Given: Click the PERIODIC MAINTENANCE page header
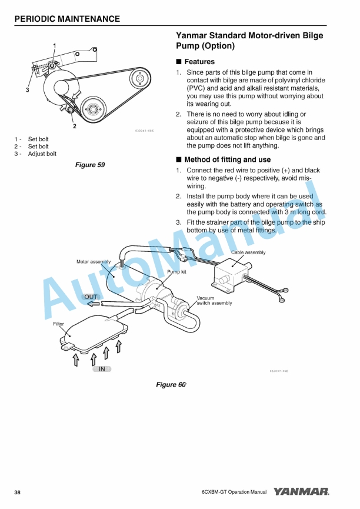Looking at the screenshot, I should click(67, 19).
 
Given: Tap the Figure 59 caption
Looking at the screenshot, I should click(90, 165).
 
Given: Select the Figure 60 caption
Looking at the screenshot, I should click(171, 384).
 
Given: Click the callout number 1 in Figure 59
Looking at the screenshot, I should click(55, 45).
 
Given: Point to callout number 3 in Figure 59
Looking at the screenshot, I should click(27, 90).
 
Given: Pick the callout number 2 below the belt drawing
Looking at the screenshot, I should click(74, 125).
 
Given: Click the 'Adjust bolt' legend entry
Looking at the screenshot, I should click(42, 154).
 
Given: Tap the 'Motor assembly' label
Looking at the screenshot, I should click(94, 261).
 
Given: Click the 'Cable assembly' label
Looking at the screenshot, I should click(248, 252).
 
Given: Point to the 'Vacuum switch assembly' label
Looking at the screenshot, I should click(214, 301).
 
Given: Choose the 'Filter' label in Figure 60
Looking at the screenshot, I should click(59, 324).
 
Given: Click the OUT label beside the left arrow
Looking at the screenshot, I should click(91, 297).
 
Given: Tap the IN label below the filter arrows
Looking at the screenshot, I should click(102, 369).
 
